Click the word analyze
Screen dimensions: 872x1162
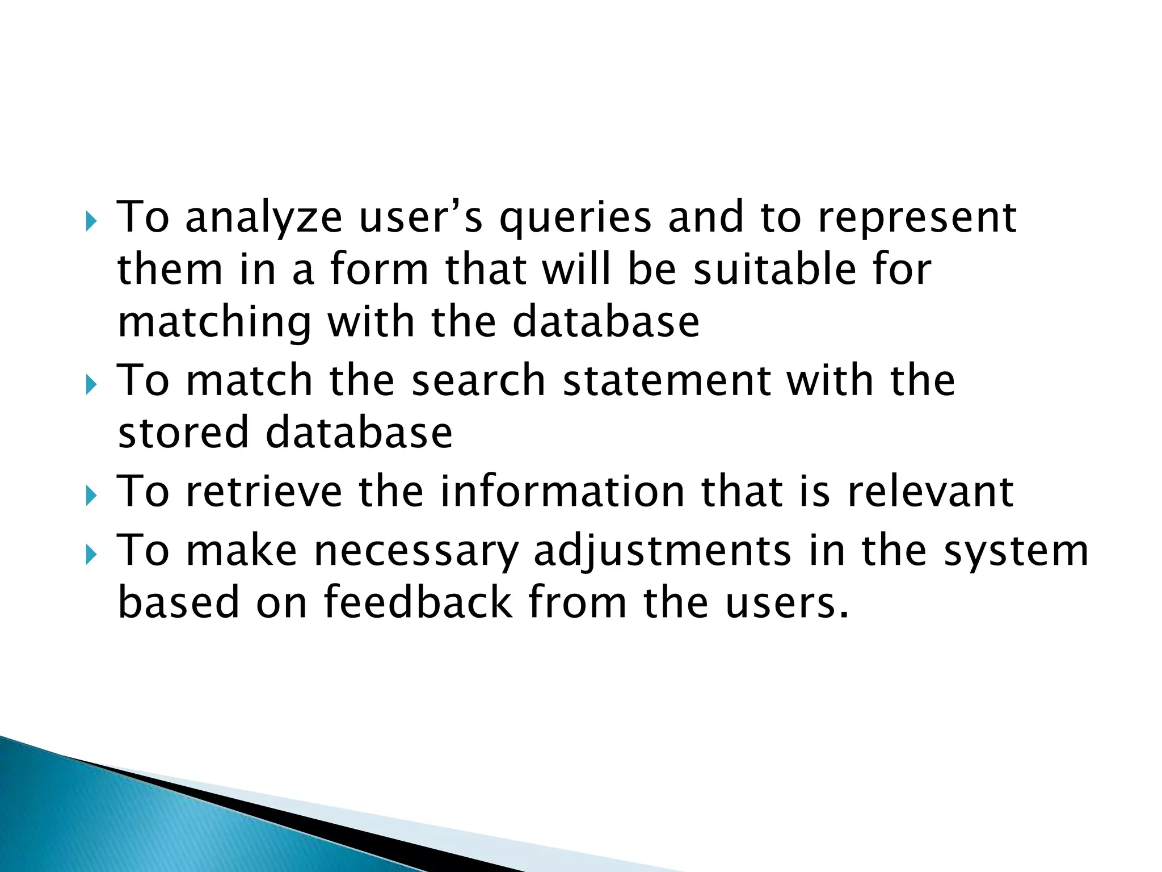tap(264, 219)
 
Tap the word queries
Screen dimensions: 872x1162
tap(575, 219)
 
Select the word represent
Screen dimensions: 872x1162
tap(917, 219)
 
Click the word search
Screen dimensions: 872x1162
tap(478, 380)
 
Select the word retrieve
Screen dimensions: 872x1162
tap(264, 492)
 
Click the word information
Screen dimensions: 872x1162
tap(562, 492)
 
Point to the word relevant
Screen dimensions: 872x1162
tap(930, 492)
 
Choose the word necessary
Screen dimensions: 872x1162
tap(416, 552)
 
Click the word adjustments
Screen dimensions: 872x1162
tap(662, 552)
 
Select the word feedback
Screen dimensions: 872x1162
tap(418, 602)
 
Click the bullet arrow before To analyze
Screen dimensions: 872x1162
tap(91, 222)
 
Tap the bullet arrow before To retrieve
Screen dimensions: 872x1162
tap(91, 496)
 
